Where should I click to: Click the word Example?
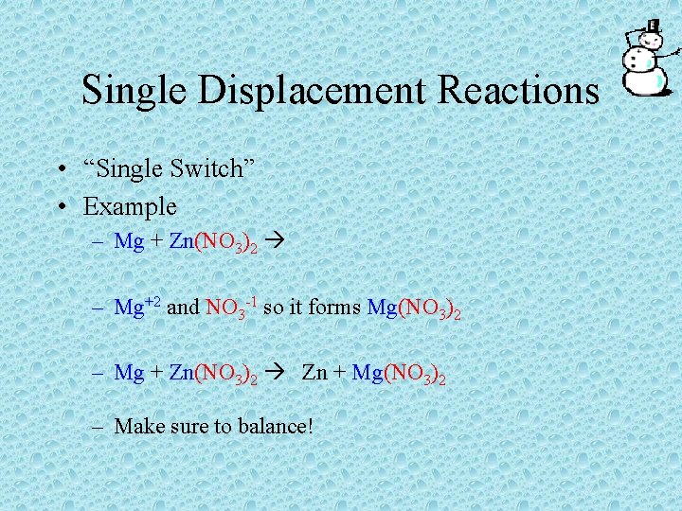(130, 205)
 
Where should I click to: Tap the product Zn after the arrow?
(314, 373)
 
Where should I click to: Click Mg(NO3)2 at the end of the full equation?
(399, 374)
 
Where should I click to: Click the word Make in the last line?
(135, 427)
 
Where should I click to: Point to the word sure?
(181, 428)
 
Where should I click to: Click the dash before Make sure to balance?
(99, 427)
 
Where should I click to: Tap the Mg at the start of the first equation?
(128, 241)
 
